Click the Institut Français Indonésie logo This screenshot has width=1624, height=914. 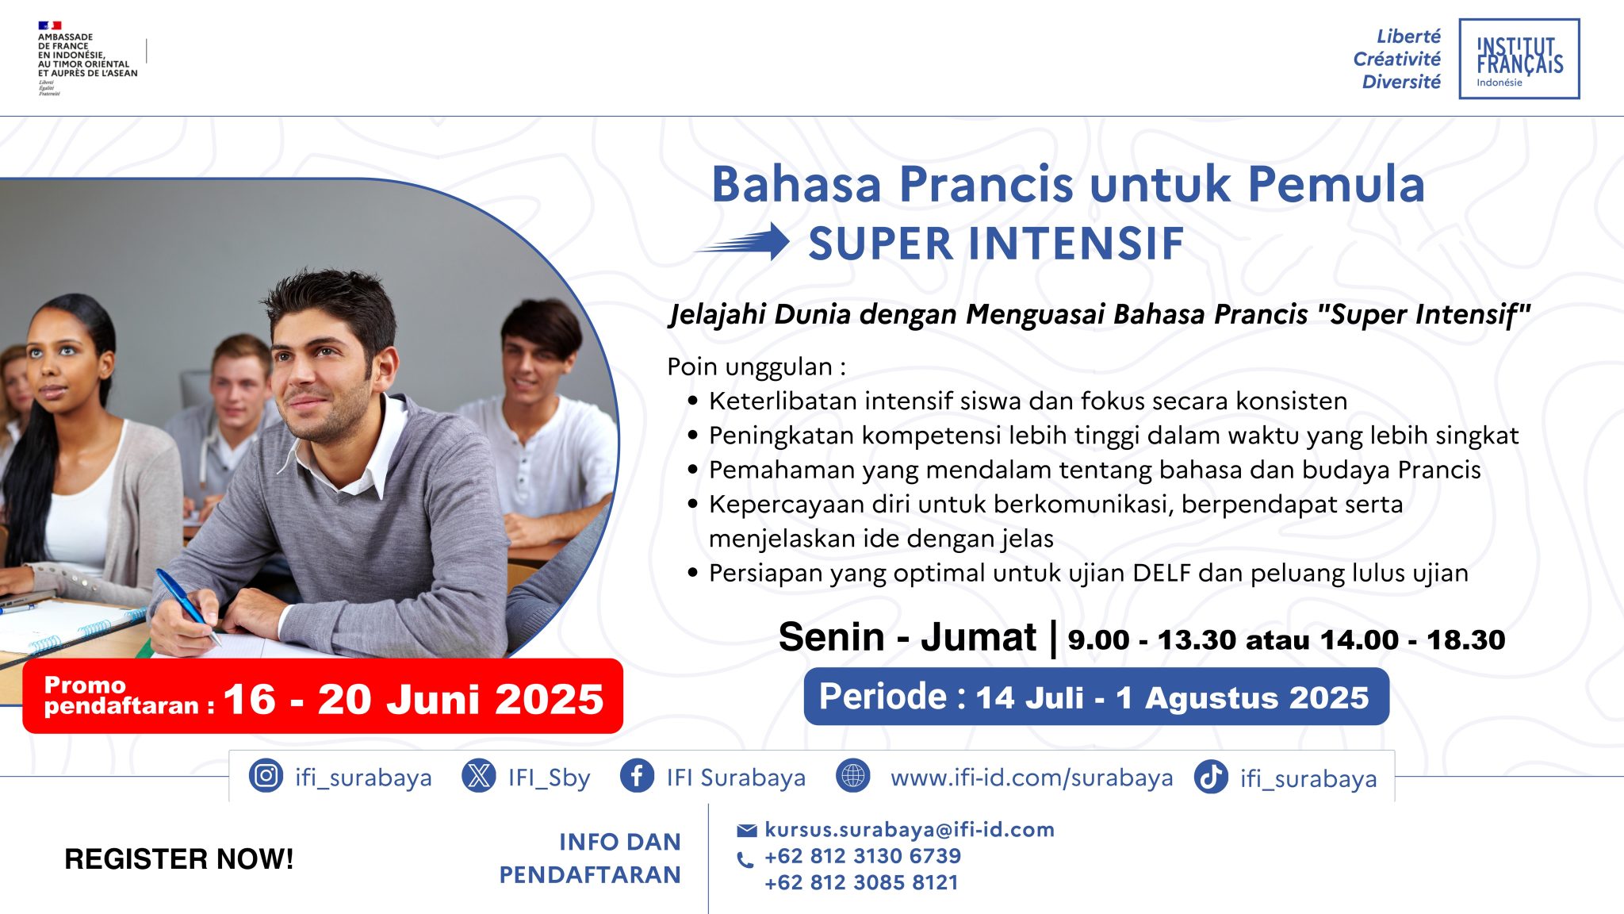pyautogui.click(x=1519, y=59)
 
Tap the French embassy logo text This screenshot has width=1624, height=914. pyautogui.click(x=87, y=55)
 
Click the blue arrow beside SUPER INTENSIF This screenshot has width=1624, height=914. pyautogui.click(x=742, y=242)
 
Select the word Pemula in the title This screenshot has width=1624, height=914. pyautogui.click(x=1336, y=184)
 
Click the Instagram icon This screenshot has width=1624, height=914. pyautogui.click(x=266, y=775)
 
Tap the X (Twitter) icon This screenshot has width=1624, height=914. pyautogui.click(x=479, y=775)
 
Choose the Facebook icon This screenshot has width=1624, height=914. pyautogui.click(x=637, y=775)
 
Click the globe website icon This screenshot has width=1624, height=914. pyautogui.click(x=853, y=775)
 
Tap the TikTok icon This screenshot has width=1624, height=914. pyautogui.click(x=1211, y=776)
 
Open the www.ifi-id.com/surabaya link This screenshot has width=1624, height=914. pyautogui.click(x=1032, y=778)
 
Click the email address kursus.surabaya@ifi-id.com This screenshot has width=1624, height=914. pyautogui.click(x=910, y=830)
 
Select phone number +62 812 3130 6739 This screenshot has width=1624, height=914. pyautogui.click(x=863, y=856)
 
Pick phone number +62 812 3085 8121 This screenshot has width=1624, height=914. pyautogui.click(x=861, y=882)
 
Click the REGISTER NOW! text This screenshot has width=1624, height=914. pyautogui.click(x=179, y=859)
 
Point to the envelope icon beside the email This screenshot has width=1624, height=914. pyautogui.click(x=747, y=831)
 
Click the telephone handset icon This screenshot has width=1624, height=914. pyautogui.click(x=745, y=860)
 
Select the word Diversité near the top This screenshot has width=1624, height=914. pyautogui.click(x=1401, y=82)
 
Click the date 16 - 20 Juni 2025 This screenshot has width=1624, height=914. pyautogui.click(x=413, y=699)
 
